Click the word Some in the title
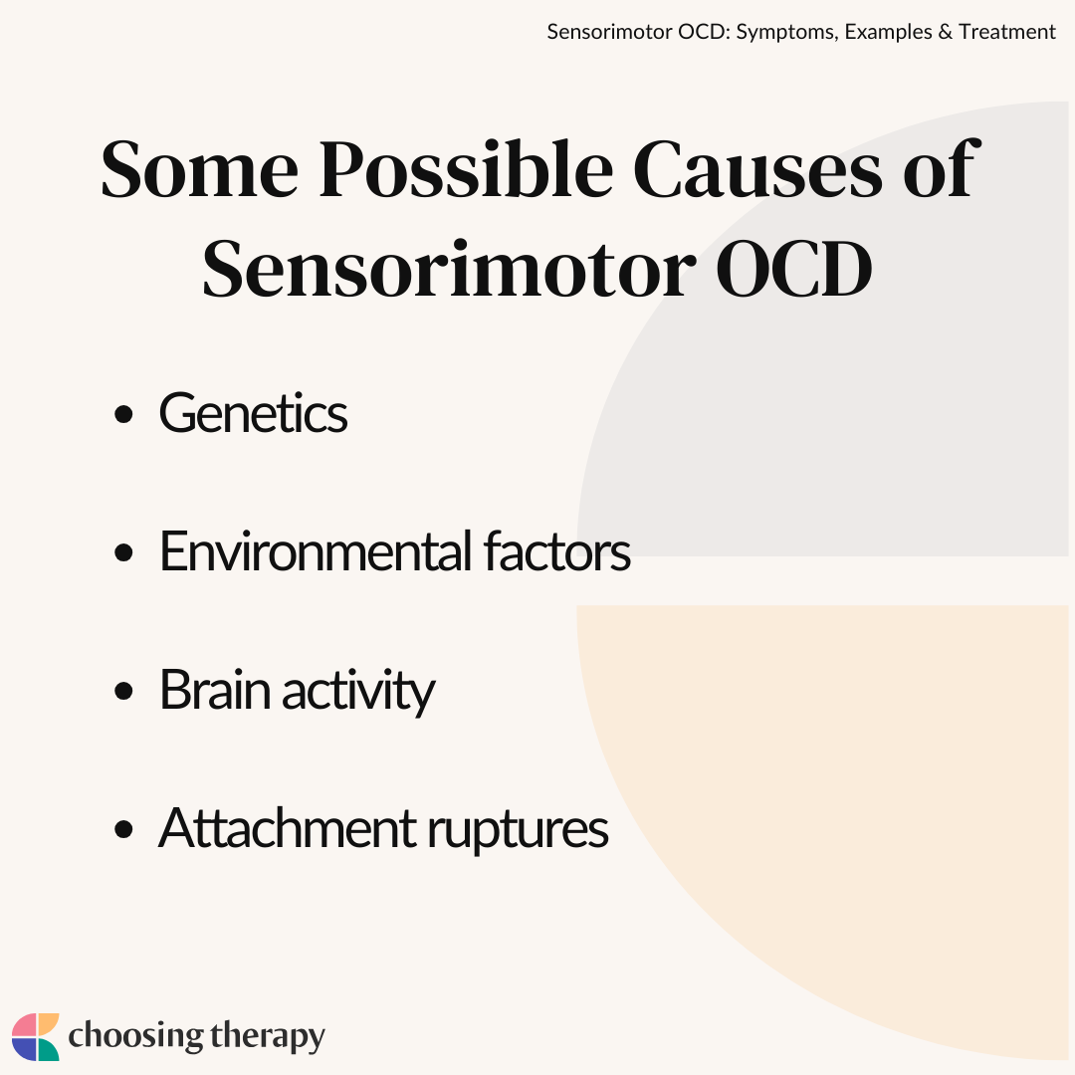coord(199,169)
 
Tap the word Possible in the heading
coord(466,168)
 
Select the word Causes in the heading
coord(756,169)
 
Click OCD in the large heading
coord(794,269)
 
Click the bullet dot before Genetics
coord(123,414)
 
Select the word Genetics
coord(253,413)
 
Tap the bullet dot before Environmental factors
coord(123,551)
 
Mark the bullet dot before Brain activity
coord(123,691)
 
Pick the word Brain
coord(215,689)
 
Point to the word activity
coord(358,692)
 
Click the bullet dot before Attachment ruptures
coord(123,829)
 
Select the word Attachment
coord(288,827)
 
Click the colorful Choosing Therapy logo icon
coord(36,1036)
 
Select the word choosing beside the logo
coord(135,1036)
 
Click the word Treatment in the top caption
coord(1007,32)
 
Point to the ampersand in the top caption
coord(946,32)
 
